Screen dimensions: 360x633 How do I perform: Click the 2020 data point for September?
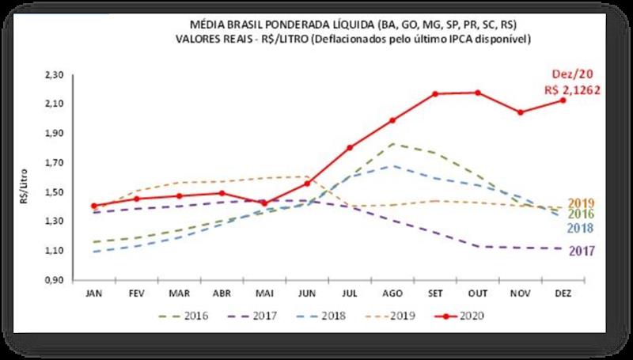pos(435,94)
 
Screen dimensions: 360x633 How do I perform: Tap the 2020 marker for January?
pos(95,206)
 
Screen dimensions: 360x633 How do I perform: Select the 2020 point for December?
pos(563,100)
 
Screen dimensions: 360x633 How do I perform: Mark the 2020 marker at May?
pos(264,203)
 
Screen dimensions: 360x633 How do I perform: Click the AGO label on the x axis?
pos(392,292)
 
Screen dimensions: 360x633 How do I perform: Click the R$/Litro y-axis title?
pos(26,178)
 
